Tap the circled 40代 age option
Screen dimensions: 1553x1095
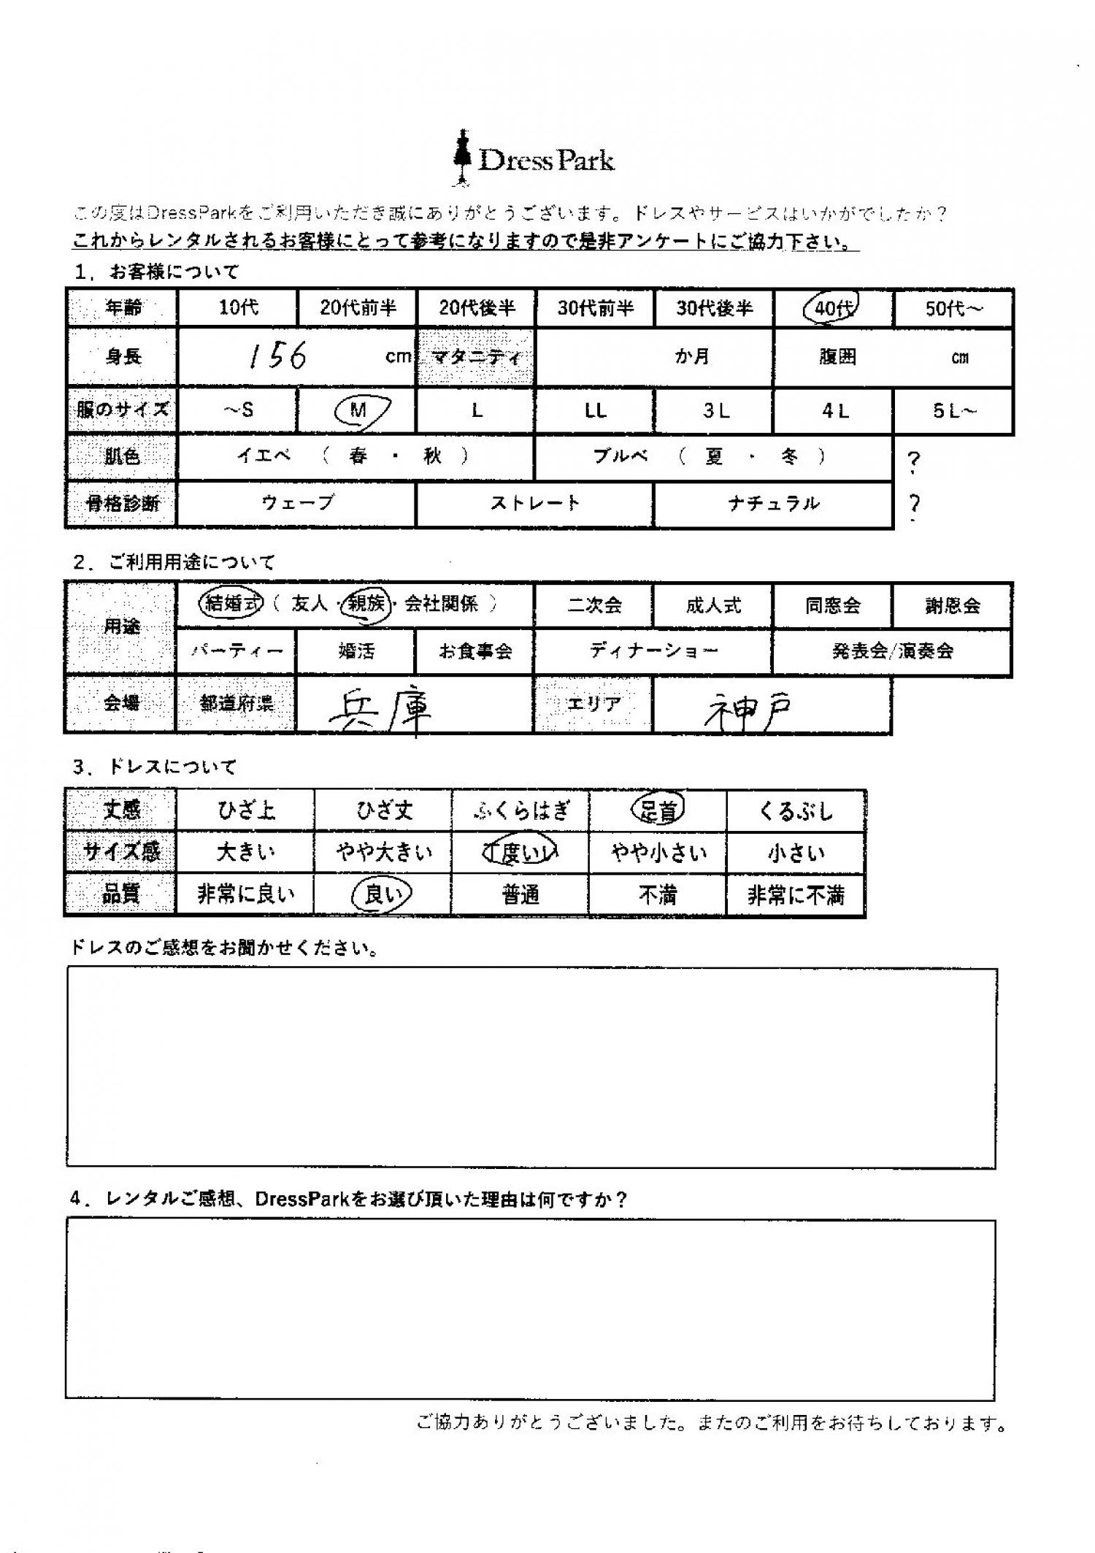pyautogui.click(x=831, y=307)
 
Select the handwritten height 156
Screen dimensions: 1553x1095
pyautogui.click(x=277, y=356)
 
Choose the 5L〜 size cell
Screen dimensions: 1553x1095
pyautogui.click(x=953, y=411)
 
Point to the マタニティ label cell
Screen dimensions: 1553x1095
pyautogui.click(x=475, y=357)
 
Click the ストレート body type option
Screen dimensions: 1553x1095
pyautogui.click(x=534, y=503)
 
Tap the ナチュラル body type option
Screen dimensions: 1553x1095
pyautogui.click(x=773, y=503)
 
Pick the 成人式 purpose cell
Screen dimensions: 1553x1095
pyautogui.click(x=713, y=605)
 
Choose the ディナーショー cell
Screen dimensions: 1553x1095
pyautogui.click(x=653, y=651)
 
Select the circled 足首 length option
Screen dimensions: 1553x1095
pyautogui.click(x=658, y=810)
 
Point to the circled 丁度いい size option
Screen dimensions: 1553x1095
pyautogui.click(x=520, y=853)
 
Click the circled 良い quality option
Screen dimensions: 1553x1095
pyautogui.click(x=382, y=894)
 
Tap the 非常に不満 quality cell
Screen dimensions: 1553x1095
pyautogui.click(x=795, y=895)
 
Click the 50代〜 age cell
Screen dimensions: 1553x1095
pyautogui.click(x=953, y=308)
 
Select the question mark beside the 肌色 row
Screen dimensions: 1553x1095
pyautogui.click(x=913, y=461)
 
